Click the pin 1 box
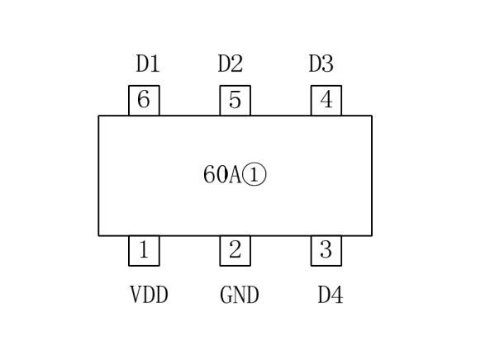tap(144, 251)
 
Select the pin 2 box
tap(235, 251)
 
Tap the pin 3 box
tap(326, 251)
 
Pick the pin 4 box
tap(326, 100)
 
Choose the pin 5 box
tap(235, 100)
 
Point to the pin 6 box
tap(144, 100)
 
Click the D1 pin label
tap(148, 64)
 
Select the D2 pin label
tap(231, 64)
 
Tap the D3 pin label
tap(321, 64)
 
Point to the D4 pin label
tap(331, 295)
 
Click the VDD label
tap(149, 295)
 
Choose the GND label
tap(240, 295)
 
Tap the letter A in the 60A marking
tap(235, 174)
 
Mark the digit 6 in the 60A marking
tap(209, 174)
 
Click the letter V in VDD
tap(136, 295)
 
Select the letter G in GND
tap(226, 295)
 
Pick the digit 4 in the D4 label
tap(337, 295)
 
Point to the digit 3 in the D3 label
tap(328, 64)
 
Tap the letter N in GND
tap(240, 295)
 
